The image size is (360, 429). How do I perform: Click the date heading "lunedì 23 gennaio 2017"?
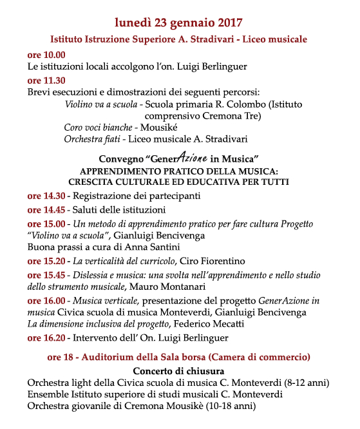click(x=178, y=22)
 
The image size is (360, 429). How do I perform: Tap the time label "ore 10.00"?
click(x=46, y=55)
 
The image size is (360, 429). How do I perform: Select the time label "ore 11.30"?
click(x=46, y=81)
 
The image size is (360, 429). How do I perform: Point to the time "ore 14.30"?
click(x=46, y=196)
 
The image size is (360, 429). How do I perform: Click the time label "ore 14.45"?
click(x=46, y=210)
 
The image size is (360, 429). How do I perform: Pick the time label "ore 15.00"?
click(x=46, y=224)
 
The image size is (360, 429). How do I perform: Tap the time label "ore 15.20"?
click(x=46, y=261)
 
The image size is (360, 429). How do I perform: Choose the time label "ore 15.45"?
click(x=46, y=275)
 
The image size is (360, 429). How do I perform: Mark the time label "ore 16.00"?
click(x=46, y=301)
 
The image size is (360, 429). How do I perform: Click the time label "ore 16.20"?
click(x=46, y=338)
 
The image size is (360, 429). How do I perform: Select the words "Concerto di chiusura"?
click(x=178, y=371)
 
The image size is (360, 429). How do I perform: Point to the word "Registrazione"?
click(x=103, y=196)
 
